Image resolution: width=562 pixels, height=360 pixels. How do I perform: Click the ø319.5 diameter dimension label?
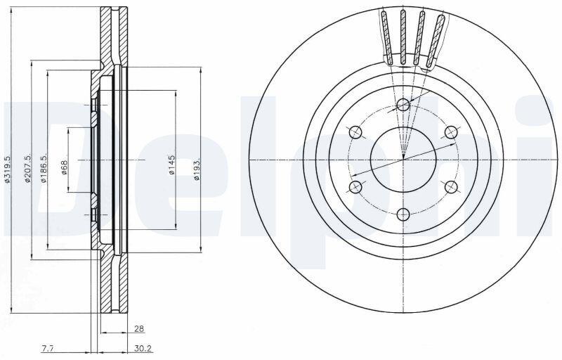coord(7,169)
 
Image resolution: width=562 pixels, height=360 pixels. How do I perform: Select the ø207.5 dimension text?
coord(27,169)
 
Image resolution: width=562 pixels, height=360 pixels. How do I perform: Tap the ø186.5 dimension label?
coord(44,169)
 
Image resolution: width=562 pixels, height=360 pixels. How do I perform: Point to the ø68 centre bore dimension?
coord(64,167)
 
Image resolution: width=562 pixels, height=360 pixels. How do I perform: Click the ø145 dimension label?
coord(171,165)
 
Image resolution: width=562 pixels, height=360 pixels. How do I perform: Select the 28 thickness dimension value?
coord(138,328)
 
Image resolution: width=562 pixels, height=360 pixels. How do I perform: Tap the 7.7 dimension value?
coord(48,348)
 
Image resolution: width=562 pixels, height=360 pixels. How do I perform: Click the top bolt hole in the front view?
coord(403,105)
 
